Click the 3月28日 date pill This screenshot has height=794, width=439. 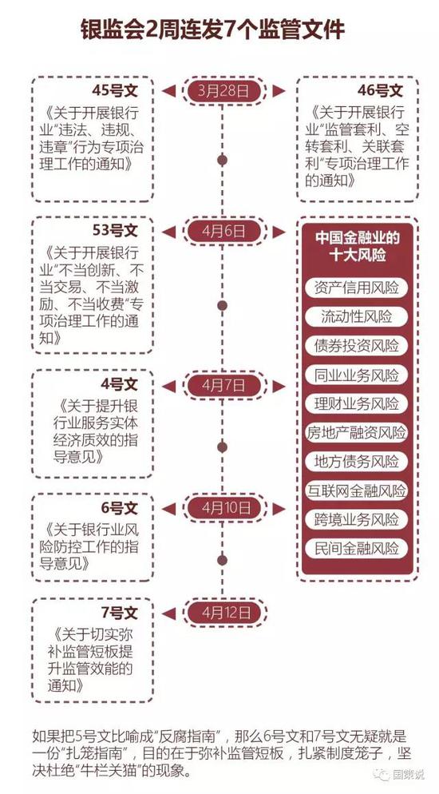223,91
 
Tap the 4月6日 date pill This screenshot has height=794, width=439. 223,232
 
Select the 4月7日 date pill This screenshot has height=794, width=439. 223,386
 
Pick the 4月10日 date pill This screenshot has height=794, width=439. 223,508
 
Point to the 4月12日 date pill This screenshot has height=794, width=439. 223,613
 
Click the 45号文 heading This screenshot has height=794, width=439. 114,90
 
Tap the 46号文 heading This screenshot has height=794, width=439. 380,90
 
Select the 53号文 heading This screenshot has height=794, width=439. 114,231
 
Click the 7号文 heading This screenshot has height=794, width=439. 119,612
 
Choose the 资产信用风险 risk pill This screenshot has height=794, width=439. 356,288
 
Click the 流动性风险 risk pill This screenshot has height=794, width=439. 356,316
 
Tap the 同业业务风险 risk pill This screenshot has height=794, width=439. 356,375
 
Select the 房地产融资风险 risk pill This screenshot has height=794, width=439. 356,432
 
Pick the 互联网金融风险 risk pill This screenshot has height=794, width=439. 356,490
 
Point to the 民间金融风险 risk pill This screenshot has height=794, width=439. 356,548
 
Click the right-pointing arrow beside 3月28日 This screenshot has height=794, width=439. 279,91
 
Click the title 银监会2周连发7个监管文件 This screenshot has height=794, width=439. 213,30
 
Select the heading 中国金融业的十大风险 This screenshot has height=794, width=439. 357,246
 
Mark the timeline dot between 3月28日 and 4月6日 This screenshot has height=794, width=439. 222,161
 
